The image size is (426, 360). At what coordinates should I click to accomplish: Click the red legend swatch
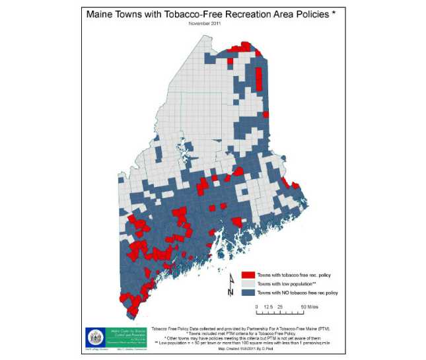(x=248, y=275)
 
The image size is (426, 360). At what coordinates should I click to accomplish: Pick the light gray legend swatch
(x=248, y=283)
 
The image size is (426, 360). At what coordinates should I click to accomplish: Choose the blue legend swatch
(x=248, y=292)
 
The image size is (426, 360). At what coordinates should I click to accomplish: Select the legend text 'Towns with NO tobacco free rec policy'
(x=298, y=292)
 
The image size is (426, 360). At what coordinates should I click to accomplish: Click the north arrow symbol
(x=231, y=286)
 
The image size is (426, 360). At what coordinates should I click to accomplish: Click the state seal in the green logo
(x=94, y=334)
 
